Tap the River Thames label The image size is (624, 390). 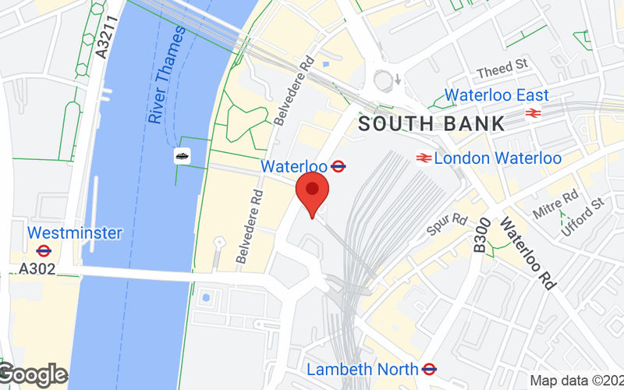tap(166, 75)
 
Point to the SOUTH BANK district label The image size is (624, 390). tap(431, 123)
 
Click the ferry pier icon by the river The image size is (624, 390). tap(183, 155)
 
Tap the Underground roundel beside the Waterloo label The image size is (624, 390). tap(339, 165)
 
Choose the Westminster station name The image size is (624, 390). tap(75, 232)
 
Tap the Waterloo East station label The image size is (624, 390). tap(497, 95)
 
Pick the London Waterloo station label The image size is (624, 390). tap(498, 158)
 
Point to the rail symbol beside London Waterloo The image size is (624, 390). tap(424, 158)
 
